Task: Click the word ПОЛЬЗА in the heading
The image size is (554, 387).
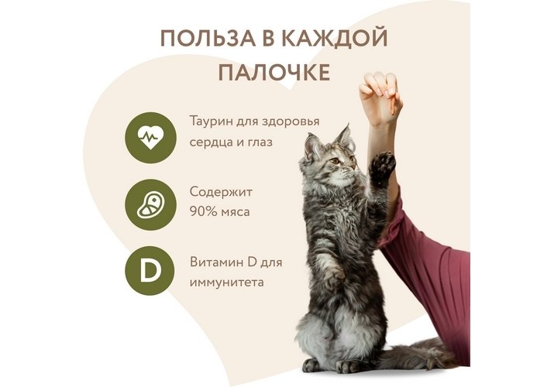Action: click(208, 39)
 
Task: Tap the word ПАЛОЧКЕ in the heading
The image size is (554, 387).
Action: click(274, 73)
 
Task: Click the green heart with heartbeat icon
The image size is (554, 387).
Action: click(150, 138)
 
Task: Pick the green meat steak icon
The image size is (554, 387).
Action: click(150, 205)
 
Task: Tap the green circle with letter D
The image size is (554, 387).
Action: click(150, 271)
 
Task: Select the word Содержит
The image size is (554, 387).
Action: click(221, 192)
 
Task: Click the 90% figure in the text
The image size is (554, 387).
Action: click(201, 211)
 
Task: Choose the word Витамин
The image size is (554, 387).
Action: click(216, 262)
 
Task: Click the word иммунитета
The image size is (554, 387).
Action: click(226, 283)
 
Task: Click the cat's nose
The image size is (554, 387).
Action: click(353, 168)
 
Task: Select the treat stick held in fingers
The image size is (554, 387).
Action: click(393, 104)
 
